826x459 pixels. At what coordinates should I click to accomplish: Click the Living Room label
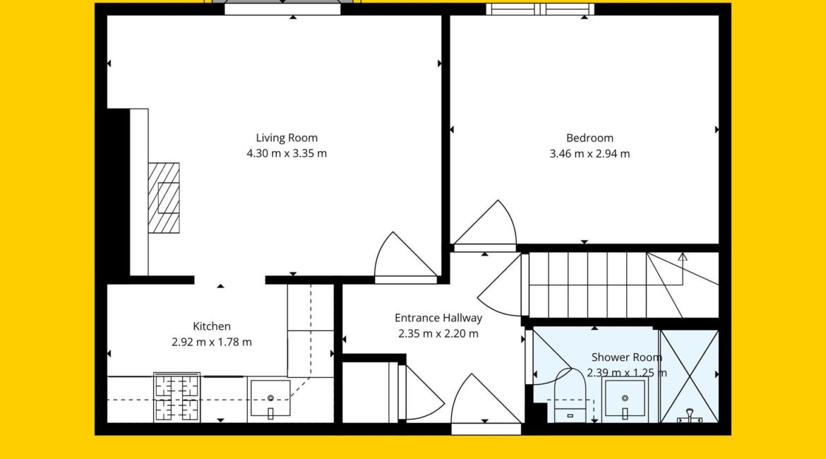(287, 138)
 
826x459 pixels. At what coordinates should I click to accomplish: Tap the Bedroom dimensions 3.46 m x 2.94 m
(589, 154)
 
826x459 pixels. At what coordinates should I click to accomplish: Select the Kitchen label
(212, 327)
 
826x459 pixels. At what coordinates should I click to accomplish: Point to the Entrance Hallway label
(438, 318)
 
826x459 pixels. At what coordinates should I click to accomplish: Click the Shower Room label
(626, 357)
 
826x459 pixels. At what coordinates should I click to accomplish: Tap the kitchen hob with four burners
(177, 398)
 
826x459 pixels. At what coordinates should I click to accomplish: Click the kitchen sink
(270, 398)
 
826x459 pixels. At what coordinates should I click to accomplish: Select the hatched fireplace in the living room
(164, 198)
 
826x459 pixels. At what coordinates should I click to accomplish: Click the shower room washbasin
(625, 398)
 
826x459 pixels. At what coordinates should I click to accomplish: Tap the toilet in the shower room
(570, 396)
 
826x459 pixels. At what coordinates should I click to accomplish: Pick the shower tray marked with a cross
(689, 376)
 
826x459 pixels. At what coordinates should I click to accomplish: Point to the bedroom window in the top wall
(540, 9)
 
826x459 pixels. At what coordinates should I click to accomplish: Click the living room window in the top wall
(282, 8)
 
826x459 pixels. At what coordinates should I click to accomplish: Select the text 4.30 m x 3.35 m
(287, 153)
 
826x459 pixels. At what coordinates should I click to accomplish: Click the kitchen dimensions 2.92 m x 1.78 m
(212, 342)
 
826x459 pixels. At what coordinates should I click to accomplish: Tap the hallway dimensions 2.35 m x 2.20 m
(438, 333)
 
